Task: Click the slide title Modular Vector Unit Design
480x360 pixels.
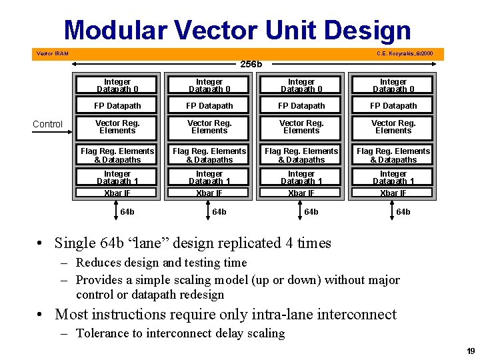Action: (237, 30)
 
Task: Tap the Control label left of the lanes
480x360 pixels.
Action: (48, 124)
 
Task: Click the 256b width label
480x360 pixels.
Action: (251, 65)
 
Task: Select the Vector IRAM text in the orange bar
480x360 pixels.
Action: (52, 53)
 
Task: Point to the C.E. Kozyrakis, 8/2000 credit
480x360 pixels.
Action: (404, 53)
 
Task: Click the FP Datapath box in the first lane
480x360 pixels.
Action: (117, 105)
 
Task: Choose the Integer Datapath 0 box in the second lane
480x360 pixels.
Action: (209, 85)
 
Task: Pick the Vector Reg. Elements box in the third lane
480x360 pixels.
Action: (301, 127)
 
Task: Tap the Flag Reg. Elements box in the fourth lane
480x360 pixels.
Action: (393, 155)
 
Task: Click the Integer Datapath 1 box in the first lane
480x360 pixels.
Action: (117, 177)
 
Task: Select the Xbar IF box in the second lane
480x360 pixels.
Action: (209, 193)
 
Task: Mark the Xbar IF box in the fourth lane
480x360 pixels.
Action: (393, 193)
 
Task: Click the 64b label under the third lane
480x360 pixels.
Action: (311, 212)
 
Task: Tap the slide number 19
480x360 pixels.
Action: (471, 351)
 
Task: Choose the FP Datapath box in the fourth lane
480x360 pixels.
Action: (393, 105)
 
